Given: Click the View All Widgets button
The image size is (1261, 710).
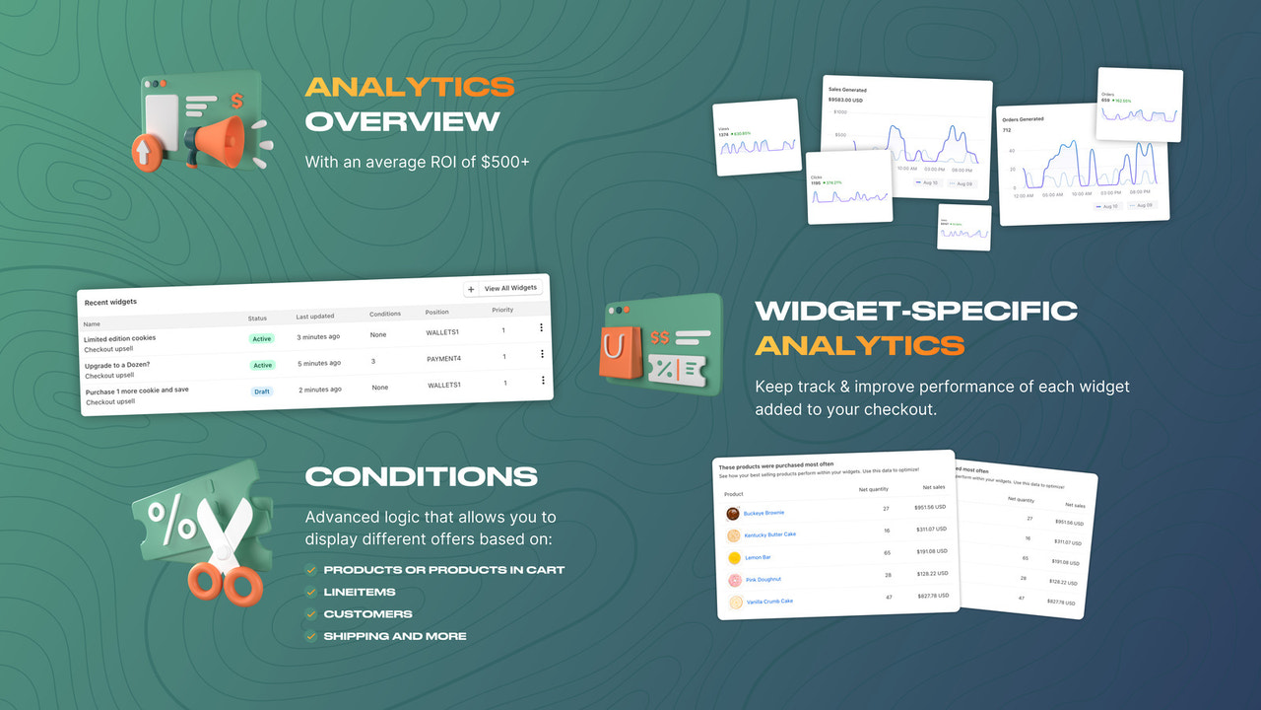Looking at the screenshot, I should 502,289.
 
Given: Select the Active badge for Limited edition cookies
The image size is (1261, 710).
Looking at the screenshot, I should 261,338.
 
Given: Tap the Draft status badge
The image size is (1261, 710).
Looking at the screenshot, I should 261,391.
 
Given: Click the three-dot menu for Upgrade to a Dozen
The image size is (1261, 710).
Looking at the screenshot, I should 542,354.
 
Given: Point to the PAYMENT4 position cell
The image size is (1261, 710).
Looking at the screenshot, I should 444,359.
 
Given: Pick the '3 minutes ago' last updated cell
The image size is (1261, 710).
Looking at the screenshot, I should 319,337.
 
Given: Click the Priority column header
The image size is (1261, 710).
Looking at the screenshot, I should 502,310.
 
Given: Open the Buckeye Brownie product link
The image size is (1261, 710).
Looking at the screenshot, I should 763,513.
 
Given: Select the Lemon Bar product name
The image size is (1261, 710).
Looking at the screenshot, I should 759,557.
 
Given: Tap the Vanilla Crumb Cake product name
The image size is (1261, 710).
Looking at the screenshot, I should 768,601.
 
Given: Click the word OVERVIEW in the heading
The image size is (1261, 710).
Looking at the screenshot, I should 402,121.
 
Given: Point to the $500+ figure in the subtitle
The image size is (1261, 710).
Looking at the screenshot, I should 505,162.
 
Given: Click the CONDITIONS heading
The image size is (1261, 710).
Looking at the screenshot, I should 421,476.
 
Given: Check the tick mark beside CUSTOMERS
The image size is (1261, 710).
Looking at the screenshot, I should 311,614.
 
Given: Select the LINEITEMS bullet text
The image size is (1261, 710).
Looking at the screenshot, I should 359,592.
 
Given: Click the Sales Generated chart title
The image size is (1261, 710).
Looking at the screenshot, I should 847,90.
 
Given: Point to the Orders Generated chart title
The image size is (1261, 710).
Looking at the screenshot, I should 1026,119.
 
